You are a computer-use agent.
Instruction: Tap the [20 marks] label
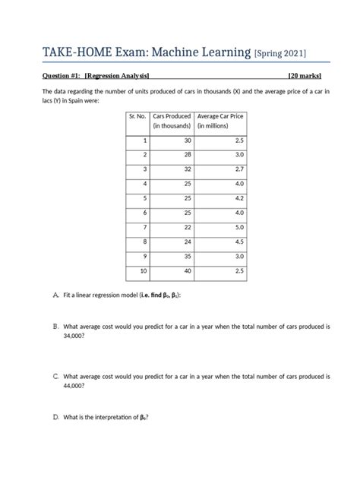pyautogui.click(x=308, y=76)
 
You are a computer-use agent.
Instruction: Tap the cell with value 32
pyautogui.click(x=187, y=169)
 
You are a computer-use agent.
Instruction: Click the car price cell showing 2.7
pyautogui.click(x=239, y=169)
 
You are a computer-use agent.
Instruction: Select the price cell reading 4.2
pyautogui.click(x=239, y=198)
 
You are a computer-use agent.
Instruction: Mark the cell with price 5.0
pyautogui.click(x=239, y=227)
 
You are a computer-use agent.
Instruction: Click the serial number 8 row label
pyautogui.click(x=144, y=242)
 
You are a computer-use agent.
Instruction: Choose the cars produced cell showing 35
pyautogui.click(x=187, y=256)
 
